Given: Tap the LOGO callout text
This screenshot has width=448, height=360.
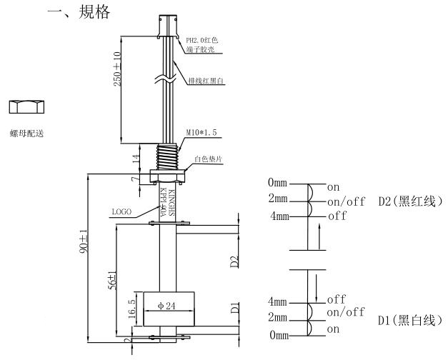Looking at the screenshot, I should point(121,212).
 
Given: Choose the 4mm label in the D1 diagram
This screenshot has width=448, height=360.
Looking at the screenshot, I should point(277,301).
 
